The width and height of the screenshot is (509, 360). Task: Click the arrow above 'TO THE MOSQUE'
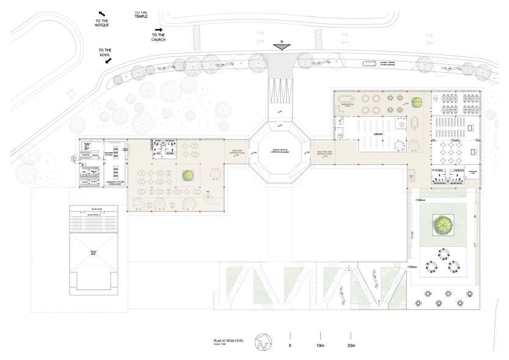point(102,13)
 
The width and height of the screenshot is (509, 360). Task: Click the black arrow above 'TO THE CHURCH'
point(159,29)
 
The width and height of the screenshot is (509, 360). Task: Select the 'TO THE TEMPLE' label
point(141,14)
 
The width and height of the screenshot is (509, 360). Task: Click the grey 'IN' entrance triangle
point(281,45)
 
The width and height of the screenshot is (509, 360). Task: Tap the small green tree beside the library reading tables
point(418,102)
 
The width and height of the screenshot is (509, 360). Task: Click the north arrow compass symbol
point(262,340)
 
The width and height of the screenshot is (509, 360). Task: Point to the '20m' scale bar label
point(351,345)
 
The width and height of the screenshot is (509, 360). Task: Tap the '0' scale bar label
point(290,345)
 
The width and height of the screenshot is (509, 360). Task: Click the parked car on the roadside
point(370,64)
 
